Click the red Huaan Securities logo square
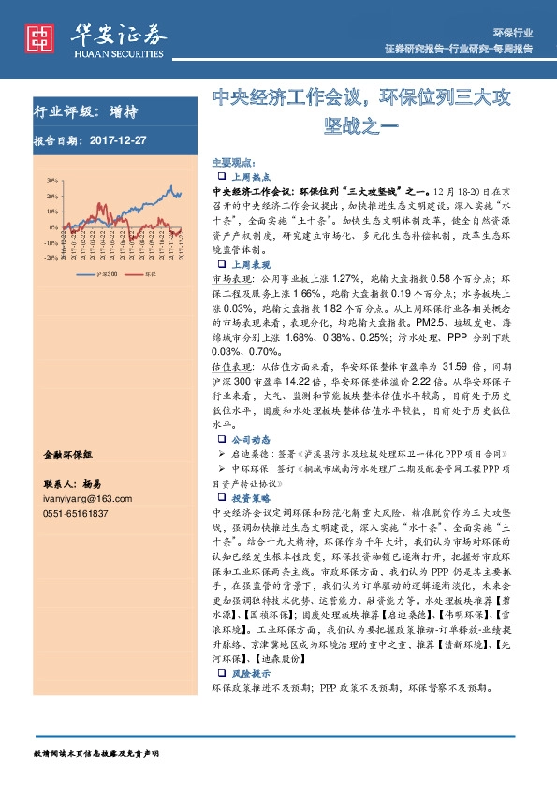38,38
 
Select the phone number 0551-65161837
75,514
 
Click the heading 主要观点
230,162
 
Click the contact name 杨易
91,486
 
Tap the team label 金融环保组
68,453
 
